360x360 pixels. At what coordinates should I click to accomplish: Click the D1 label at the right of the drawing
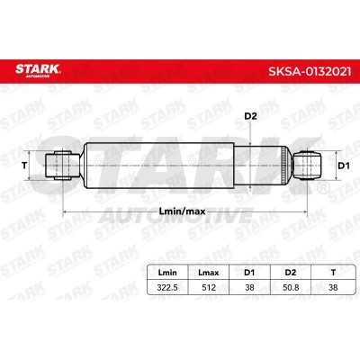(x=342, y=166)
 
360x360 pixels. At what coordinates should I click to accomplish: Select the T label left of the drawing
(x=23, y=166)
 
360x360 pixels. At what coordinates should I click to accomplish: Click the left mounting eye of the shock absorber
(x=62, y=166)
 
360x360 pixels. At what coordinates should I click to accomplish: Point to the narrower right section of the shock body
(x=267, y=166)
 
